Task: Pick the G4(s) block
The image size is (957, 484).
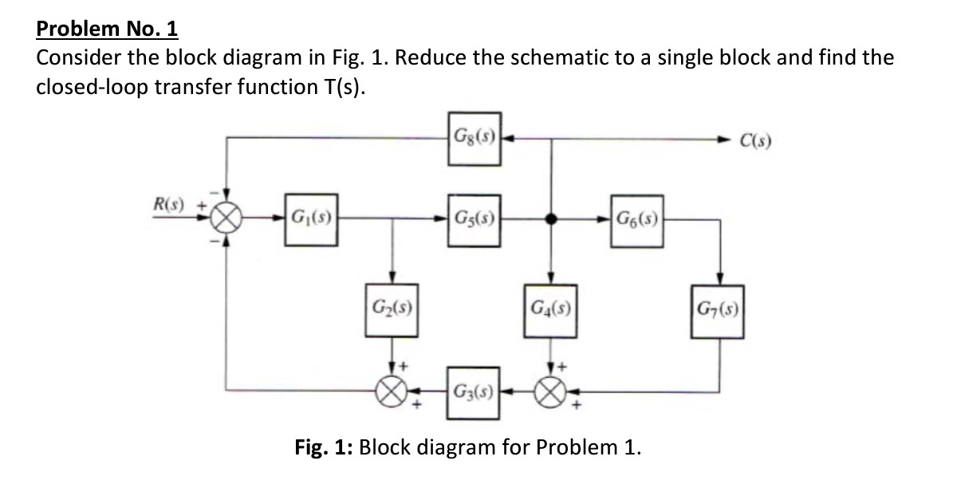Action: coord(550,307)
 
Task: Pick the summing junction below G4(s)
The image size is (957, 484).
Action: coord(550,391)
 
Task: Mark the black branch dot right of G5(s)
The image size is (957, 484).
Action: coord(550,220)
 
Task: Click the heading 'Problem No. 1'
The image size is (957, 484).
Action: coord(108,30)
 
